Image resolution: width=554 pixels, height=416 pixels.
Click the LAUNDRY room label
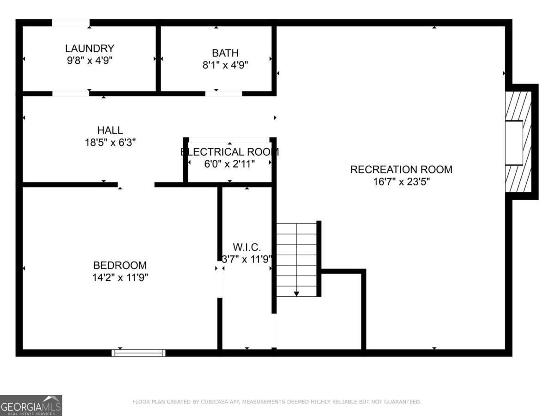[x=90, y=48]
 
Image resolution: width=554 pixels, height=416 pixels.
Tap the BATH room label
[x=225, y=53]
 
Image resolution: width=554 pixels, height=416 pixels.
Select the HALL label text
[x=110, y=130]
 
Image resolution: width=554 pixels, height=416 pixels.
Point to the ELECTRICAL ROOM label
[x=229, y=152]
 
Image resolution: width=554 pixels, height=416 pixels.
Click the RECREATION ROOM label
[x=401, y=169]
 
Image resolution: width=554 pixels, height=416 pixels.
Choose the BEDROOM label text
[x=120, y=265]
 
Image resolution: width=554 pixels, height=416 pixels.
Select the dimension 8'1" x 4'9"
[x=225, y=65]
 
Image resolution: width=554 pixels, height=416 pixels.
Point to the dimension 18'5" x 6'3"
[x=110, y=142]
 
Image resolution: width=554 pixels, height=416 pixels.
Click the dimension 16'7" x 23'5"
[x=401, y=182]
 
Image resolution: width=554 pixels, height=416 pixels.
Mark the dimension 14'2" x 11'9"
[x=120, y=278]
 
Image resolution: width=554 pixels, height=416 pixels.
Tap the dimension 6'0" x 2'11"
[x=229, y=164]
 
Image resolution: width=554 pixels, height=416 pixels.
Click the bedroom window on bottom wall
[x=138, y=353]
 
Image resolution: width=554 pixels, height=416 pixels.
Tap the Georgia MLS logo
[x=31, y=405]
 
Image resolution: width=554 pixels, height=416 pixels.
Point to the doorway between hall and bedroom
[x=136, y=185]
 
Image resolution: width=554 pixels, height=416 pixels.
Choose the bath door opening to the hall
[x=223, y=93]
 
